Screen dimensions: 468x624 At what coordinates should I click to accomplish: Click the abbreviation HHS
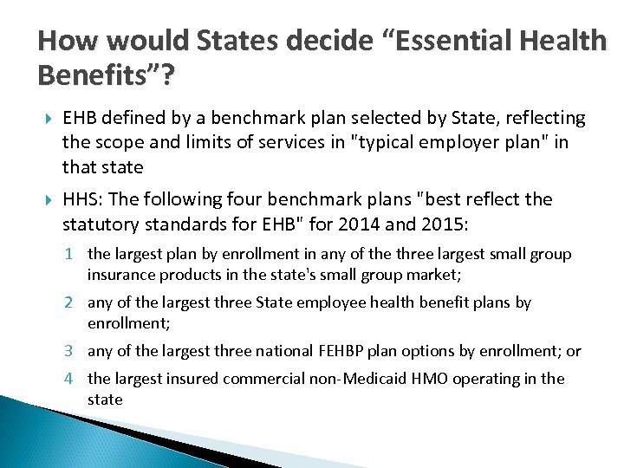point(81,199)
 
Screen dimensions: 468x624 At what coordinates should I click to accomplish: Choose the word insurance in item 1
point(119,275)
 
